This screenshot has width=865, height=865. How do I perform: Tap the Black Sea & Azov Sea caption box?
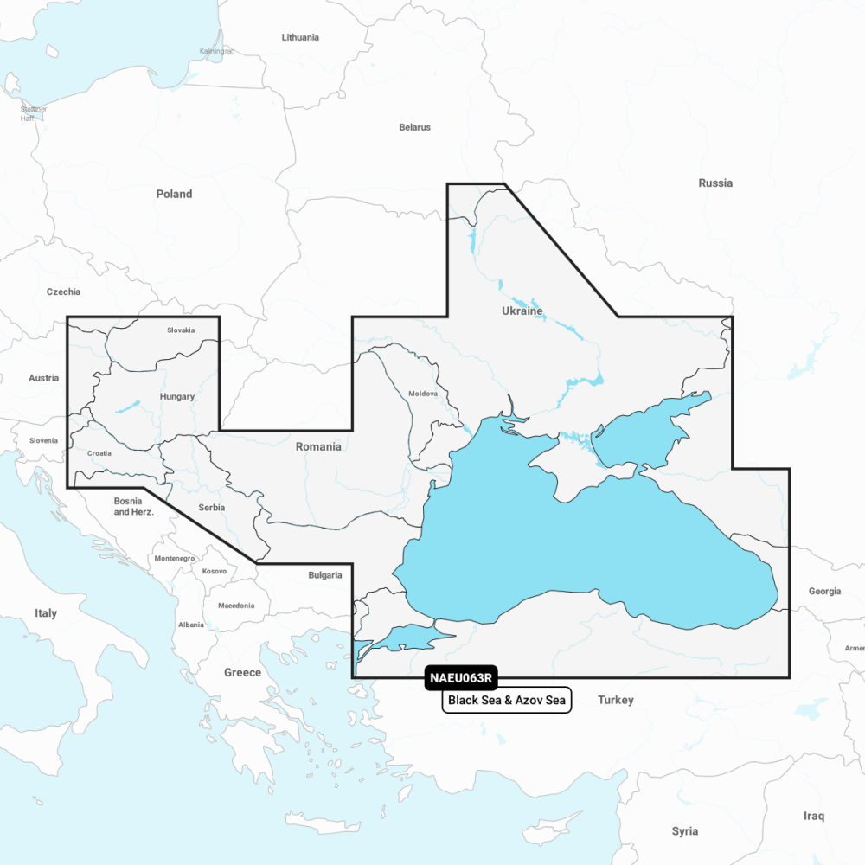point(507,701)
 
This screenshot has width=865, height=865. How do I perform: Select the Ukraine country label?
point(522,311)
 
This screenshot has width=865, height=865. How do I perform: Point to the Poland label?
point(174,194)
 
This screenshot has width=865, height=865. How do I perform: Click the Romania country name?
point(318,446)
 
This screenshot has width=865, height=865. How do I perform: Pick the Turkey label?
point(616,700)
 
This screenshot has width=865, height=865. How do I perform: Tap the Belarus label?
point(414,127)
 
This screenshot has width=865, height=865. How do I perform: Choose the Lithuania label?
point(300,37)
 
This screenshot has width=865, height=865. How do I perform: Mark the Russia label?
point(715,183)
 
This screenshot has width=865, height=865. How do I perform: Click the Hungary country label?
point(177,397)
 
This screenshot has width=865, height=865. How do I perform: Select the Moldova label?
point(423,394)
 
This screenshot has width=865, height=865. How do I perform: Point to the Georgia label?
point(824,592)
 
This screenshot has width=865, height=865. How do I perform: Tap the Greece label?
point(242,672)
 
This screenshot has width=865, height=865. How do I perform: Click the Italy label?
point(46,613)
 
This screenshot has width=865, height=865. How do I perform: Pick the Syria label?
point(684,831)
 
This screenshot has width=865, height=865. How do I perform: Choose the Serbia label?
point(212,508)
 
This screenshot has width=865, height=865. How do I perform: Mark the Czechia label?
point(63,292)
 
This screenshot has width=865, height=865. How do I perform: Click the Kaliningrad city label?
point(216,52)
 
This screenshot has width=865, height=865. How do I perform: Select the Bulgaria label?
point(325,574)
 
